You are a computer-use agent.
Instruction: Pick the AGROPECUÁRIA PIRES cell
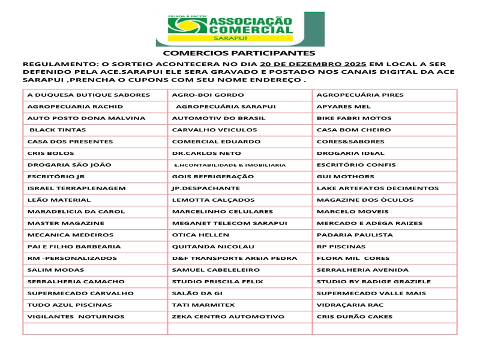pos(360,95)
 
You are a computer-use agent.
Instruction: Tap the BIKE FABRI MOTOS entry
pos(354,118)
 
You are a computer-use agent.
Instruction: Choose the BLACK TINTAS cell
pos(58,130)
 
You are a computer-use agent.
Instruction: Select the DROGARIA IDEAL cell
pos(350,153)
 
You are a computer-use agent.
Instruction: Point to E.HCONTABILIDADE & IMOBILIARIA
pos(230,165)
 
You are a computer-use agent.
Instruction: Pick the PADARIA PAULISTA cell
pos(350,235)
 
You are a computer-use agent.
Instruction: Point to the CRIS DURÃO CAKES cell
pos(354,316)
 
